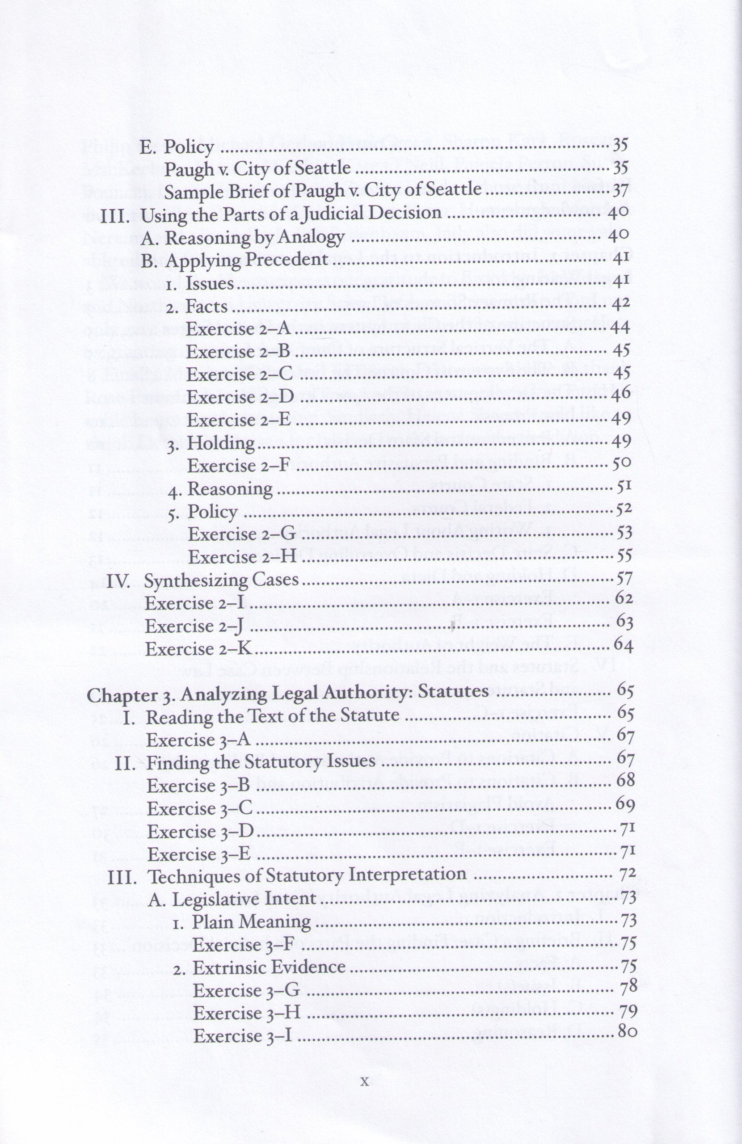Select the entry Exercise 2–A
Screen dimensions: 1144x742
pos(239,329)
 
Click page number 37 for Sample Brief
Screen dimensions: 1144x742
pos(620,190)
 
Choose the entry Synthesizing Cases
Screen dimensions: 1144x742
pos(222,580)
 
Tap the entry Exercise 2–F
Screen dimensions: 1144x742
pos(239,465)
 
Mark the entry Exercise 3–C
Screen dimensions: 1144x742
pos(199,808)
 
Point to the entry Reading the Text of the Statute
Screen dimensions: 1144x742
pos(273,717)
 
